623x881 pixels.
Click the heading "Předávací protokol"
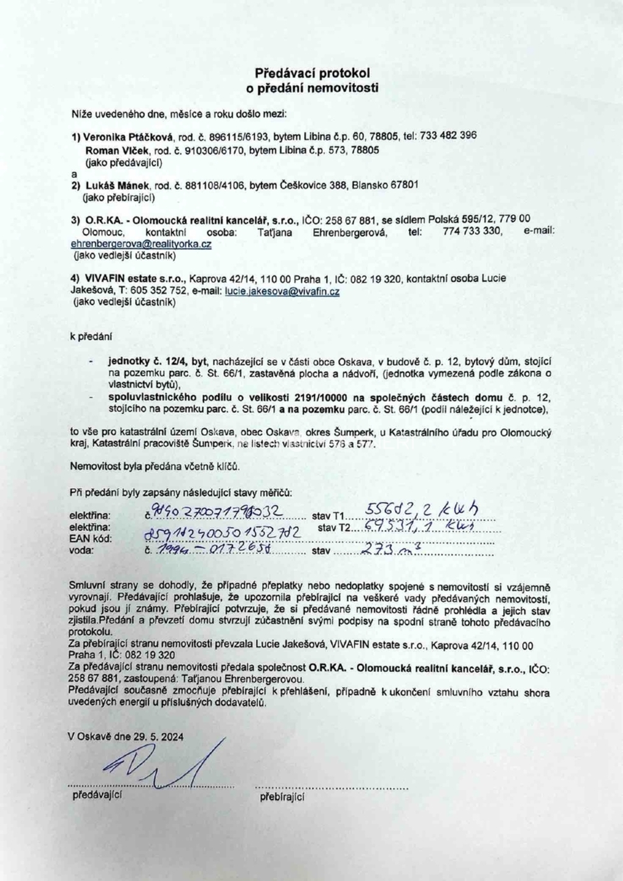click(311, 73)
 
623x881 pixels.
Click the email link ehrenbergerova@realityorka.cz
click(141, 244)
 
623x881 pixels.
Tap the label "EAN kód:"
click(89, 538)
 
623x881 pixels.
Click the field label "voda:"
click(82, 550)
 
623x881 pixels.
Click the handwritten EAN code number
click(222, 533)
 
